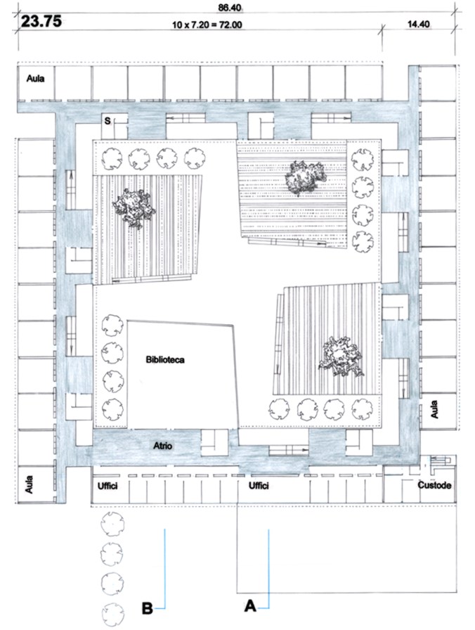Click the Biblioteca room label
pyautogui.click(x=165, y=359)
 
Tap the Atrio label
pyautogui.click(x=162, y=446)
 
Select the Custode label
pyautogui.click(x=434, y=485)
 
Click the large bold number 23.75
pyautogui.click(x=41, y=21)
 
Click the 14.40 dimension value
pyautogui.click(x=418, y=24)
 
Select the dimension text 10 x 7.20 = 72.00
pyautogui.click(x=207, y=25)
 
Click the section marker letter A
pyautogui.click(x=250, y=605)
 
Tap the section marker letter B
pyautogui.click(x=148, y=608)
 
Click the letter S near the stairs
pyautogui.click(x=108, y=120)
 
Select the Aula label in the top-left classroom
pyautogui.click(x=35, y=78)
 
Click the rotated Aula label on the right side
pyautogui.click(x=434, y=409)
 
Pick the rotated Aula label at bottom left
pyautogui.click(x=29, y=484)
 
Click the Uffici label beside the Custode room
pyautogui.click(x=259, y=486)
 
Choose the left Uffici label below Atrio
pyautogui.click(x=108, y=486)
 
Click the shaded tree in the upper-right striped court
pyautogui.click(x=304, y=178)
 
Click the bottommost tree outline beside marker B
pyautogui.click(x=113, y=615)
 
